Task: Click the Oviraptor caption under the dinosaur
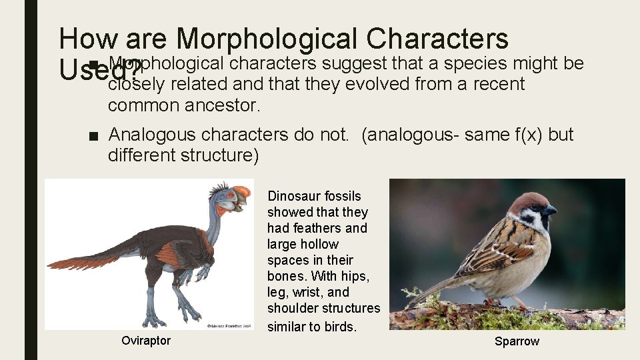146,341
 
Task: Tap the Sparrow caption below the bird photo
517,341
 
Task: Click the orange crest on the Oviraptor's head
241,193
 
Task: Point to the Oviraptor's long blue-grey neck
212,220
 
